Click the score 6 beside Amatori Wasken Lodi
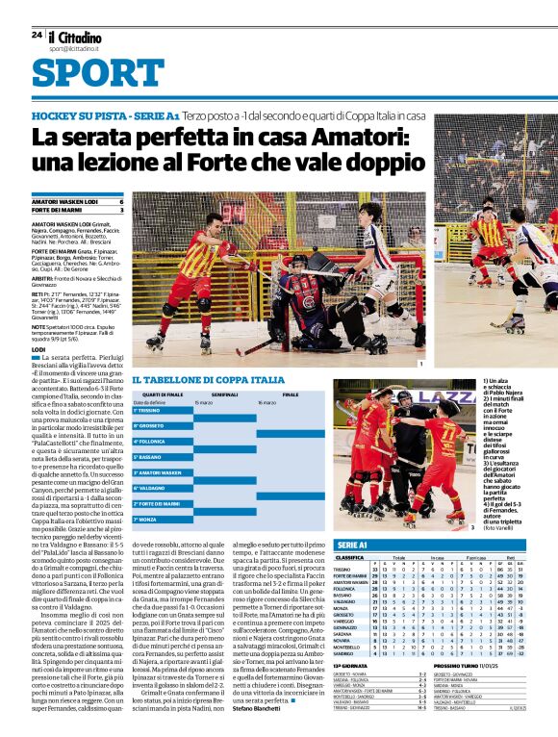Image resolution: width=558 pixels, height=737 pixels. click(x=121, y=201)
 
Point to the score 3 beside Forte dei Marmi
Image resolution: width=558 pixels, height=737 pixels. click(x=121, y=210)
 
